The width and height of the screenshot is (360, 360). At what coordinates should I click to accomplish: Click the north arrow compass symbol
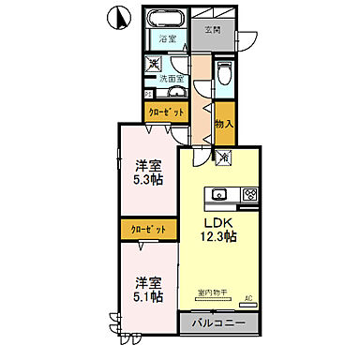pos(118,16)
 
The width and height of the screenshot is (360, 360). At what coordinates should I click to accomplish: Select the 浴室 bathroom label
pos(167,40)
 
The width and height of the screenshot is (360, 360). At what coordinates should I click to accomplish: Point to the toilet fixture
pos(223,75)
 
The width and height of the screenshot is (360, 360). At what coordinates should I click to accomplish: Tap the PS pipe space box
pos(148,93)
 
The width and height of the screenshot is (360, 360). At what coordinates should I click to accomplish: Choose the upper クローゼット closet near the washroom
pos(167,112)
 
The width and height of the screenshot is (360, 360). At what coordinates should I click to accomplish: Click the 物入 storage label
pos(223,124)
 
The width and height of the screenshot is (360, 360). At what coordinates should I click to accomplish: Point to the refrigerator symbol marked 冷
pos(224,158)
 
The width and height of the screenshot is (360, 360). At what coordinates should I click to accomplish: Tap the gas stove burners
pos(249,195)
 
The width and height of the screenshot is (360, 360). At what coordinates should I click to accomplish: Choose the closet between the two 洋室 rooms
pos(148,230)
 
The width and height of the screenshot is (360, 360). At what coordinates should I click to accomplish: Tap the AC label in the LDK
pos(248,299)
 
